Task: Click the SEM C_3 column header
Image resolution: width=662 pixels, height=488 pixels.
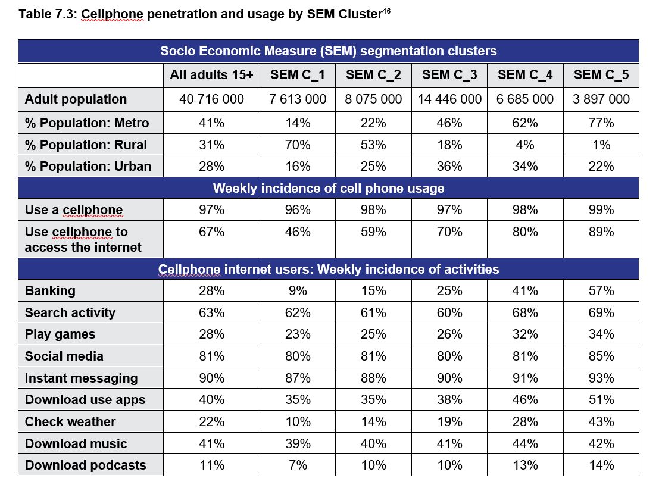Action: click(449, 75)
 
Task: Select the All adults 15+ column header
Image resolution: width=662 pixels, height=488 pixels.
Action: click(211, 75)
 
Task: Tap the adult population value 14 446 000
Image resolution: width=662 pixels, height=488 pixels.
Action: click(449, 99)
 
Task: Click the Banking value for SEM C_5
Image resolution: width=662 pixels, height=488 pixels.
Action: click(601, 291)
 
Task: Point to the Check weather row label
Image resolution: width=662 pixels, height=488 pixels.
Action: click(70, 422)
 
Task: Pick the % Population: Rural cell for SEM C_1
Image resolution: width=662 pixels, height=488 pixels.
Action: click(298, 145)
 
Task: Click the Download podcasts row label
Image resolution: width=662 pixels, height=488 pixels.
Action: click(85, 465)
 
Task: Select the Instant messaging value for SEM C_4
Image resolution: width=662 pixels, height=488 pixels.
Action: click(525, 378)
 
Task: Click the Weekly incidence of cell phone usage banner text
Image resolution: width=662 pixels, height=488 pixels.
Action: click(329, 189)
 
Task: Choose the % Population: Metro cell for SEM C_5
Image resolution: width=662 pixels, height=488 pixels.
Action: click(601, 123)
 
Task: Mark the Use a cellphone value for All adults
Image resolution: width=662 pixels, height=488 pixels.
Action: click(211, 210)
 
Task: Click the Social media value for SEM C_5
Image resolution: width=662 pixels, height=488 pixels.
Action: click(601, 356)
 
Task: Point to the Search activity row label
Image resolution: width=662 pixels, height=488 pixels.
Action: click(70, 313)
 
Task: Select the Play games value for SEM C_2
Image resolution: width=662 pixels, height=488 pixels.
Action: click(373, 334)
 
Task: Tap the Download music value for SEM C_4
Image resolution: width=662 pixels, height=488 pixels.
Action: click(525, 443)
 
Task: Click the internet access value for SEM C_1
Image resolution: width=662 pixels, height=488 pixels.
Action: click(298, 232)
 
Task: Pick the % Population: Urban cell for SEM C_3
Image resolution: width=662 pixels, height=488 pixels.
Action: click(449, 167)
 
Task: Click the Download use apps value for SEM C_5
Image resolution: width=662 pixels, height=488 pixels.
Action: click(601, 400)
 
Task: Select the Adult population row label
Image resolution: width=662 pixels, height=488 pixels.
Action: click(76, 99)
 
